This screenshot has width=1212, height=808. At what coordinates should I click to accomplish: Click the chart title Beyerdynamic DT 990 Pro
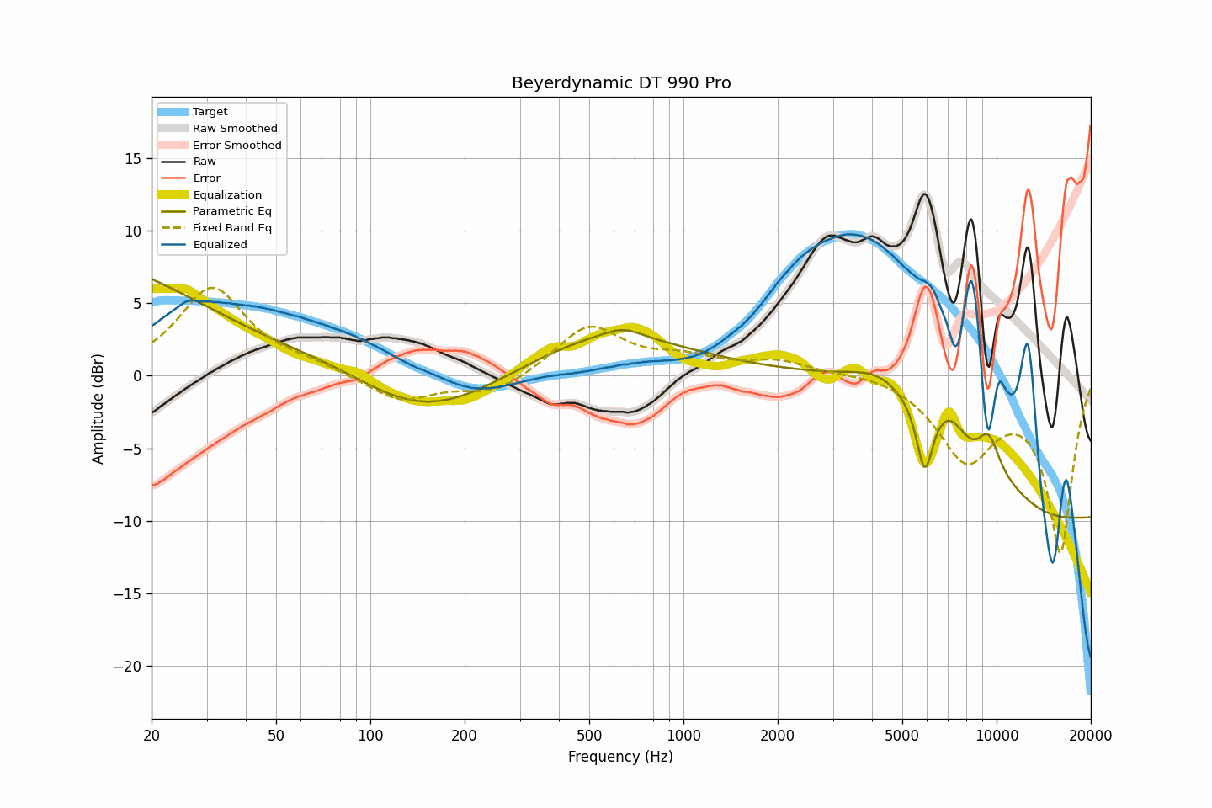(621, 83)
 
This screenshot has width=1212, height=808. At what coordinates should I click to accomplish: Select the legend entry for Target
(210, 112)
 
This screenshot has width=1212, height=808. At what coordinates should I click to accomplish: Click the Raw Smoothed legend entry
(235, 129)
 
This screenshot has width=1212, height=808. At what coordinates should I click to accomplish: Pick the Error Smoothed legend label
(237, 146)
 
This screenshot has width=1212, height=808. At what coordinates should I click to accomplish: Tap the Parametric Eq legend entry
(231, 211)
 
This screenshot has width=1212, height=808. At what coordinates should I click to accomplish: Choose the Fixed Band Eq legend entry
(231, 228)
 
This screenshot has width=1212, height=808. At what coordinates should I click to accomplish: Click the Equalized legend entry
(220, 245)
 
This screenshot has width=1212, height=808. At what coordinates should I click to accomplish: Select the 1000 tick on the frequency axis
(683, 736)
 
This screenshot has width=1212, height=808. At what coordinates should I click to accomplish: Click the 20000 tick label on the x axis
(1091, 736)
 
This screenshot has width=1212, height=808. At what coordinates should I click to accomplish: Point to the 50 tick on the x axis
(276, 736)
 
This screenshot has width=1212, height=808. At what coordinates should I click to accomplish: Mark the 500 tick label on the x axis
(589, 736)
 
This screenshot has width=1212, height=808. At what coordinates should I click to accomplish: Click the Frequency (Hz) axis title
(620, 757)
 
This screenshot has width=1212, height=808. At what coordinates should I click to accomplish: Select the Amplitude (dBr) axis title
(98, 408)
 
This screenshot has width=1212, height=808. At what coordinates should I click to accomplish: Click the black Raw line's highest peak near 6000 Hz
(924, 194)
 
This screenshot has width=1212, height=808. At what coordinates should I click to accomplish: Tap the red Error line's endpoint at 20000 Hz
(1090, 126)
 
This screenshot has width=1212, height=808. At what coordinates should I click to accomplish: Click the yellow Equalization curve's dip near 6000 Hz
(924, 465)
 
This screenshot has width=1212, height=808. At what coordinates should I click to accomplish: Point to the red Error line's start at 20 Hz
(152, 485)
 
